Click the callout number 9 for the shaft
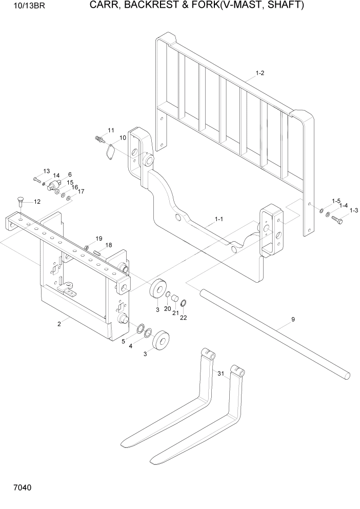(x=293, y=320)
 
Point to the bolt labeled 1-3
(x=337, y=220)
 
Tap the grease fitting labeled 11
(x=99, y=139)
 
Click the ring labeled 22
(x=184, y=303)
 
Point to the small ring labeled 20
(x=168, y=294)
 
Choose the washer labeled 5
(x=139, y=327)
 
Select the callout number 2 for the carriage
(x=59, y=323)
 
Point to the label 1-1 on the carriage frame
(x=218, y=220)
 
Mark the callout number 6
(x=69, y=174)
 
